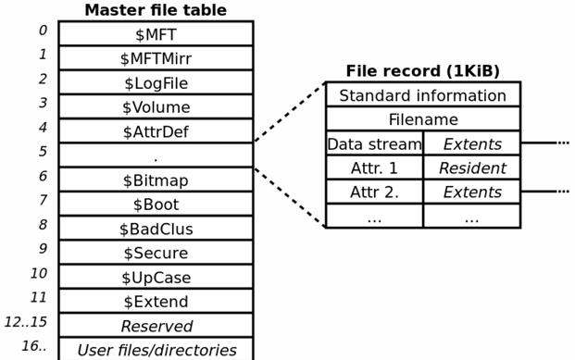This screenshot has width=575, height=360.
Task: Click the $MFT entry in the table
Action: (x=156, y=34)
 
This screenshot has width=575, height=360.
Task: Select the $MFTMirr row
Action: (x=156, y=58)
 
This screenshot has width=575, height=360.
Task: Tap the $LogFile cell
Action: (x=156, y=83)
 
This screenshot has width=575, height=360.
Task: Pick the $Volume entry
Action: (x=156, y=107)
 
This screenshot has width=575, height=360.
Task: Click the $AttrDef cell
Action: (x=156, y=131)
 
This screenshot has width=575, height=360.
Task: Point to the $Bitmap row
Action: (x=156, y=180)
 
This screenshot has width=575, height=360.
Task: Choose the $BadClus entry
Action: (x=156, y=229)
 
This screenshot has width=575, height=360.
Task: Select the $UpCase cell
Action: (x=156, y=277)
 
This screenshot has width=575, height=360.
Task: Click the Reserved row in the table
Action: (x=156, y=326)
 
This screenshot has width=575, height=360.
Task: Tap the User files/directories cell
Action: (x=156, y=350)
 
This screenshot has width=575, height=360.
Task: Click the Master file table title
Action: (x=156, y=10)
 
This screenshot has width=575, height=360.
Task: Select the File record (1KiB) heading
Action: (x=422, y=71)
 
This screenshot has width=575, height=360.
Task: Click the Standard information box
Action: (x=422, y=95)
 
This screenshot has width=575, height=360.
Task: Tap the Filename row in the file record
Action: (x=422, y=119)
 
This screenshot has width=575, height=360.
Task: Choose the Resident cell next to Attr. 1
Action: (x=471, y=168)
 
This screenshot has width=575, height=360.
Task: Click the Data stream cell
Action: (x=374, y=144)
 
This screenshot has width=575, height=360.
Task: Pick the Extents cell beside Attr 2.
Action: (x=471, y=192)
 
